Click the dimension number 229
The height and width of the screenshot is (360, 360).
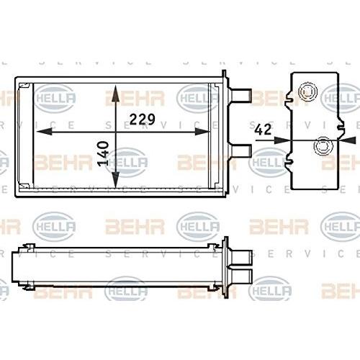pos(143,120)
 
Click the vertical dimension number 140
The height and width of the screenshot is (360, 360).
pos(104,153)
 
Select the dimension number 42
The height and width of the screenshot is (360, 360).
pos(263,130)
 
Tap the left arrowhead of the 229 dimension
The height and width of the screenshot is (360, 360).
pos(44,132)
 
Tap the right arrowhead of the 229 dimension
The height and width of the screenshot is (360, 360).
pos(202,132)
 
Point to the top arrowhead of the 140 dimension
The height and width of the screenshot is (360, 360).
pos(116,93)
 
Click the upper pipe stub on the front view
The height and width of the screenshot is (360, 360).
pos(240,95)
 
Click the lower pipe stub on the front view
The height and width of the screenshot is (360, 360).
pos(240,150)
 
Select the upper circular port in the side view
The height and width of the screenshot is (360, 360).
pos(307,91)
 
